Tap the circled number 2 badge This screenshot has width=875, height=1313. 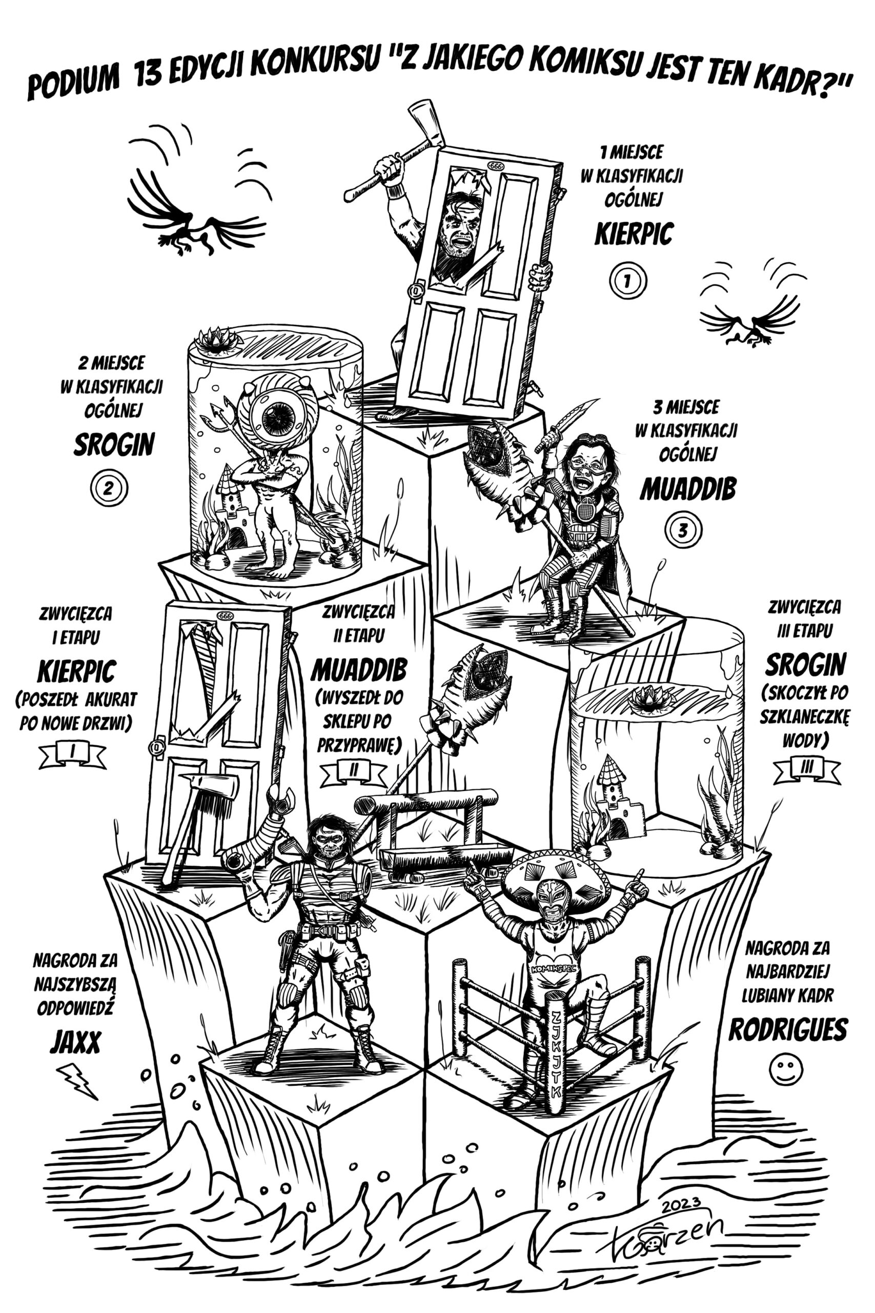pyautogui.click(x=109, y=488)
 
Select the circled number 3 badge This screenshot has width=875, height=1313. pyautogui.click(x=683, y=530)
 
